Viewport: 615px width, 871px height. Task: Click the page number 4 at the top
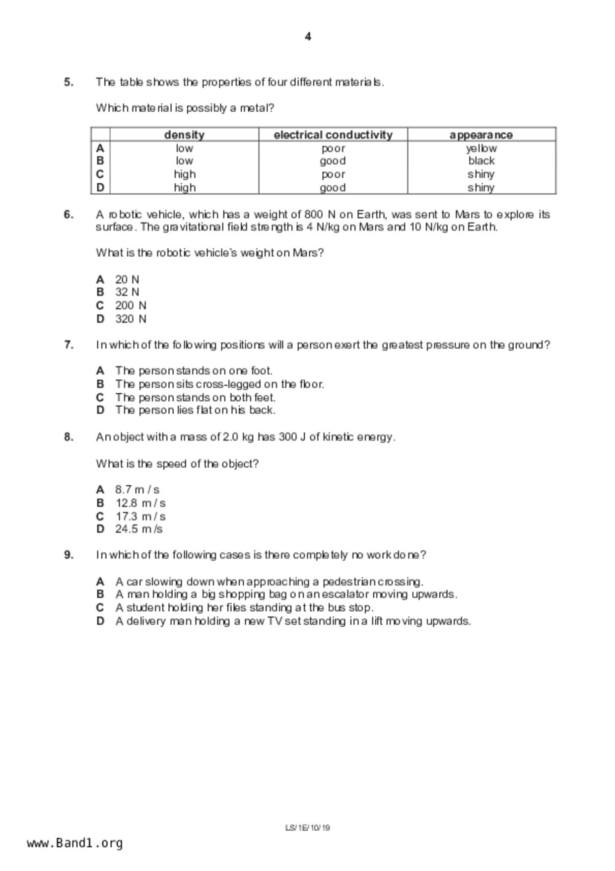click(x=308, y=37)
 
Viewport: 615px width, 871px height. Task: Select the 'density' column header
click(x=184, y=135)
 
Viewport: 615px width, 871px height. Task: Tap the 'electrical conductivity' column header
click(x=333, y=135)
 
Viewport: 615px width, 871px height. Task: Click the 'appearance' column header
click(x=481, y=135)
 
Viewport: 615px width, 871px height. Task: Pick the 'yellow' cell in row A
click(x=481, y=148)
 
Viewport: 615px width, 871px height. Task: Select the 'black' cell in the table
click(x=481, y=161)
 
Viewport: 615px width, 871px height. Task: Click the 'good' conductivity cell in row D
click(x=333, y=188)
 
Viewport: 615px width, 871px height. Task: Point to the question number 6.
click(x=68, y=215)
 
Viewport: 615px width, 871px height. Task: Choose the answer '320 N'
click(x=131, y=319)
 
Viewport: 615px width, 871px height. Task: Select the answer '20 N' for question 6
click(x=127, y=280)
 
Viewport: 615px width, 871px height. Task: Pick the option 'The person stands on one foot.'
click(x=194, y=371)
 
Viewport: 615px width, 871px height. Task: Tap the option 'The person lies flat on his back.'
click(x=195, y=410)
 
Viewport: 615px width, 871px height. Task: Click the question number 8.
click(x=68, y=437)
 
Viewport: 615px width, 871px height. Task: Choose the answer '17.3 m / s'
click(x=140, y=516)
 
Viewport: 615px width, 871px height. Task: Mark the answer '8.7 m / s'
click(x=137, y=490)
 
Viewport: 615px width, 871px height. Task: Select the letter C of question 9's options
click(x=100, y=608)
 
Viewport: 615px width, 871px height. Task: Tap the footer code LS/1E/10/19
click(x=308, y=828)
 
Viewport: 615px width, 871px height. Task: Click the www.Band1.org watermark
click(x=74, y=843)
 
